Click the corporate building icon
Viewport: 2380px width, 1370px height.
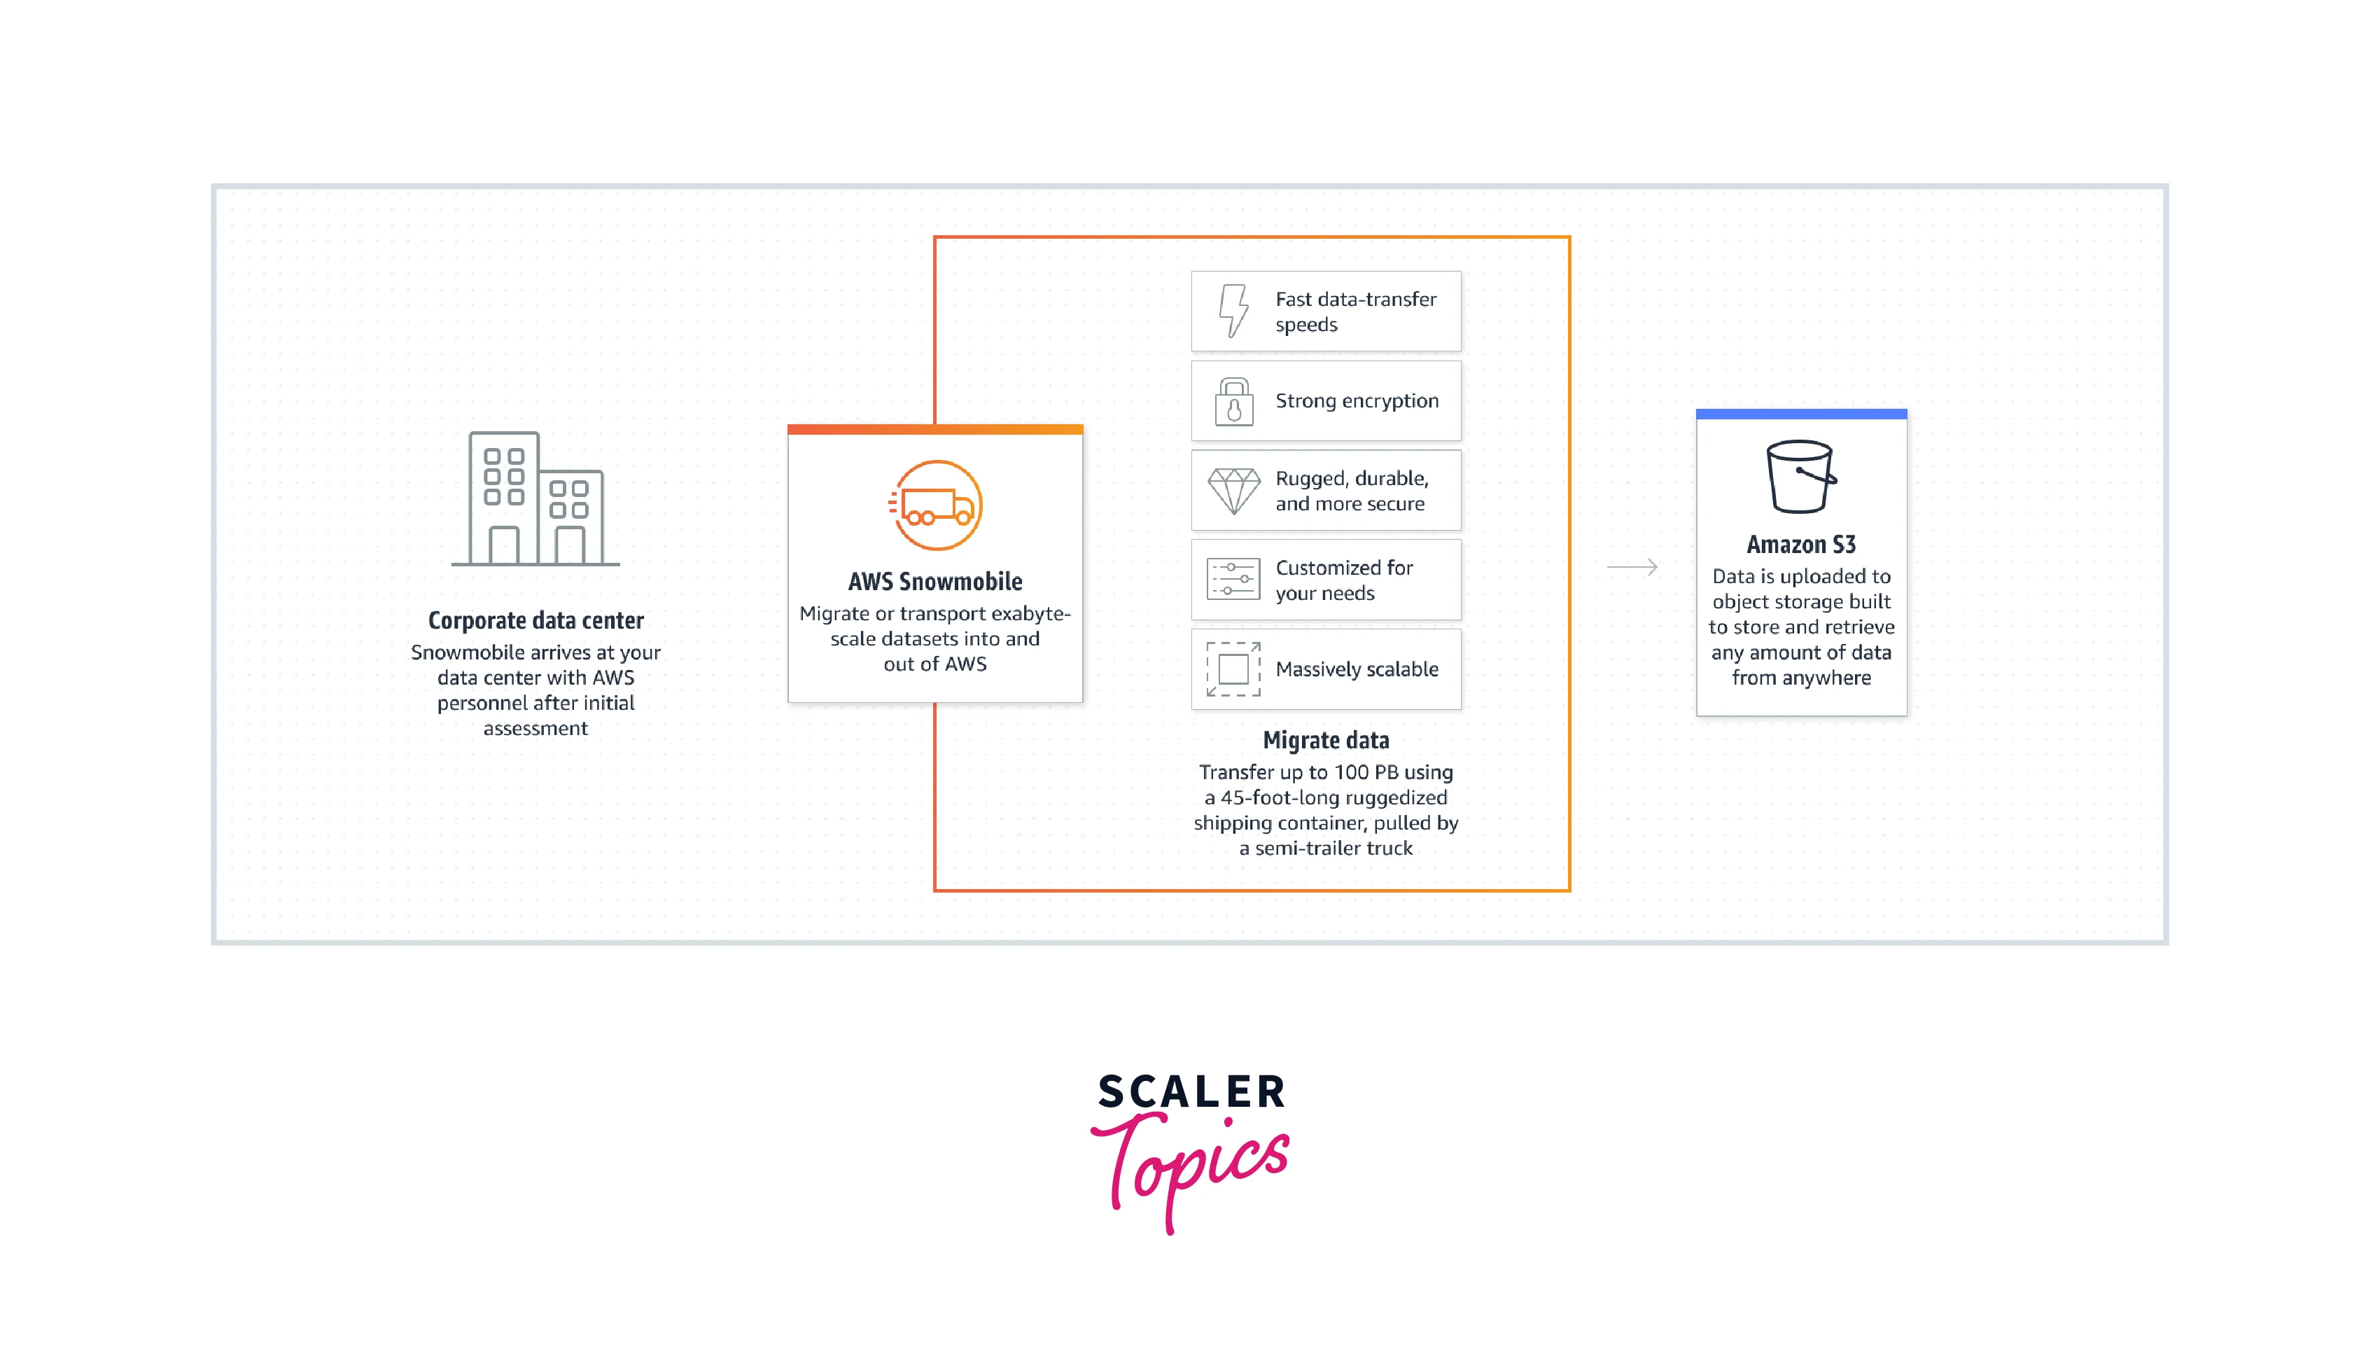click(535, 498)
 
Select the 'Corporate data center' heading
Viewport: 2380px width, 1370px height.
click(535, 620)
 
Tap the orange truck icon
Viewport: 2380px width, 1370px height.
click(936, 505)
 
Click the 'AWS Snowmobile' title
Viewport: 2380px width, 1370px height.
click(935, 582)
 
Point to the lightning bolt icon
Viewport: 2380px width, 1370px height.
click(1233, 311)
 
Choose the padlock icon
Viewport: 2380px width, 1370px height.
click(1233, 402)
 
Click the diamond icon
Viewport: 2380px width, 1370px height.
click(1233, 490)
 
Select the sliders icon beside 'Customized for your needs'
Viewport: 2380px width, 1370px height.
click(1233, 580)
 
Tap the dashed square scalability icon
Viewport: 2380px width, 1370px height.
click(1233, 669)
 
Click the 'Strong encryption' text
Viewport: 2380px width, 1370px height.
click(1357, 401)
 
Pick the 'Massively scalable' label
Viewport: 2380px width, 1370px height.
click(1357, 669)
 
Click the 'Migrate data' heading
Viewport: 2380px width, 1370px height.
click(1326, 741)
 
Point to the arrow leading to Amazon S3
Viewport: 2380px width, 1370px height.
click(1632, 567)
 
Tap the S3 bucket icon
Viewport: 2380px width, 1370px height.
click(1800, 476)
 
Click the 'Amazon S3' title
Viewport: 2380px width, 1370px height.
click(1800, 545)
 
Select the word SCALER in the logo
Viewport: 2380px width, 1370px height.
click(1191, 1092)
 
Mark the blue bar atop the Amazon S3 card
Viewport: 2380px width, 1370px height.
click(1800, 414)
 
